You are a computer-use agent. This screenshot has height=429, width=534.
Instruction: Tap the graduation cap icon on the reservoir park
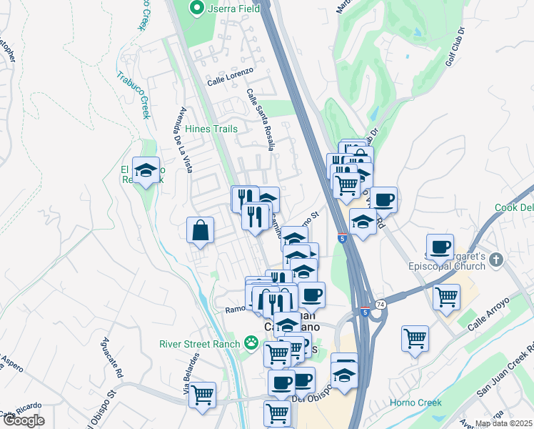coord(146,170)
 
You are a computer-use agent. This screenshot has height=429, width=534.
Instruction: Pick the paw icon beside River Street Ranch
coord(251,343)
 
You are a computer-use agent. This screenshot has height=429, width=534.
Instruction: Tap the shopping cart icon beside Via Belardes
coord(203,393)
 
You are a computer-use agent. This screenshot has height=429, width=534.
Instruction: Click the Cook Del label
coord(514,207)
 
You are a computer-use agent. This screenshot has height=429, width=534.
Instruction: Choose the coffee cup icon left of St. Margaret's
coord(440,247)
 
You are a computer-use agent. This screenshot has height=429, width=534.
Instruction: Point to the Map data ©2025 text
coord(503,423)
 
